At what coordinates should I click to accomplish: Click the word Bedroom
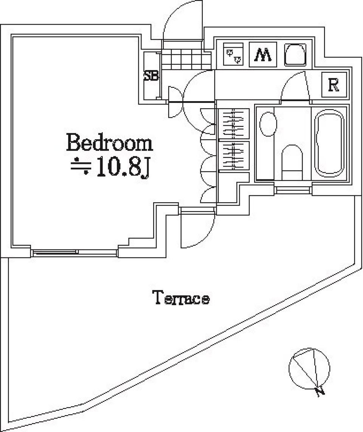[x=109, y=144]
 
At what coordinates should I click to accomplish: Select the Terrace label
[x=181, y=298]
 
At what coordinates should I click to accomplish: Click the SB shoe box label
[x=151, y=76]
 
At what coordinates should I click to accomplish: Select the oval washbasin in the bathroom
[x=268, y=123]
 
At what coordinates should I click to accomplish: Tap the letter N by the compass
[x=320, y=391]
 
